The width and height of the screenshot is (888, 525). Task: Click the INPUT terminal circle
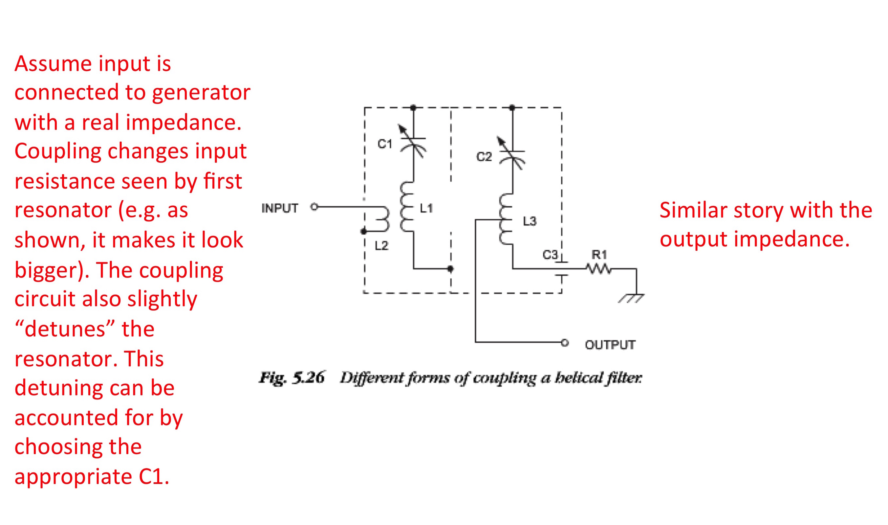click(314, 207)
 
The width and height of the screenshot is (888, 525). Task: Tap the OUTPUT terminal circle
click(565, 342)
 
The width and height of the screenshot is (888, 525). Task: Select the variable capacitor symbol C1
click(413, 141)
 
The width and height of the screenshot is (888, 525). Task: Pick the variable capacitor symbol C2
click(512, 153)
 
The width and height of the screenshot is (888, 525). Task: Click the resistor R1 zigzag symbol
click(598, 268)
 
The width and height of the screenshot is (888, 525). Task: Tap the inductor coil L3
click(506, 219)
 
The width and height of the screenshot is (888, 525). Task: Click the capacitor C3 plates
click(561, 268)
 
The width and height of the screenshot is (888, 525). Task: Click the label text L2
click(381, 245)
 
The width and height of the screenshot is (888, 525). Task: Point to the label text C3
click(550, 255)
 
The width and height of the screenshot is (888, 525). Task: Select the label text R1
click(599, 254)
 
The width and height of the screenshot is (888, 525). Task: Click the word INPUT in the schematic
click(280, 208)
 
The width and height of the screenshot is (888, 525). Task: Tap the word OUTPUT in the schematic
click(610, 345)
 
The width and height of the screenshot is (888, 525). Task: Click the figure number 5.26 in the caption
click(308, 378)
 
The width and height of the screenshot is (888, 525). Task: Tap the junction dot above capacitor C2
click(512, 107)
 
